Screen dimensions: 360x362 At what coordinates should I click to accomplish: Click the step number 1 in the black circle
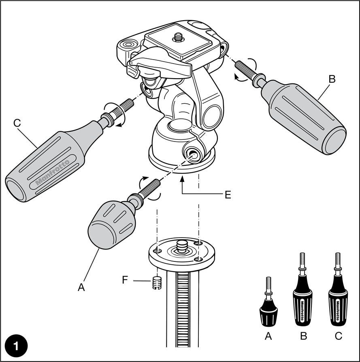[16, 346]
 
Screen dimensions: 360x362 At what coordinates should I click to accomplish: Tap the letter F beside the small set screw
[125, 280]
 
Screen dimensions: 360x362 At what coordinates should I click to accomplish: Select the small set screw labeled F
[157, 283]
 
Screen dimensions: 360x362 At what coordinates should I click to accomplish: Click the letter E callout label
[228, 195]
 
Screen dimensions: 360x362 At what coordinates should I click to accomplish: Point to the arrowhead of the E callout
[182, 178]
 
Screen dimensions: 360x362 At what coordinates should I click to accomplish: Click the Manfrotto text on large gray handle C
[53, 172]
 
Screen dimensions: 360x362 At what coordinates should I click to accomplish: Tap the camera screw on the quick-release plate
[178, 37]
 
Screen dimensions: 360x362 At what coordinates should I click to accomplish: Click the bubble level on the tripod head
[128, 44]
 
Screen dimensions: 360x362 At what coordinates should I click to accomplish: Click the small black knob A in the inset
[268, 302]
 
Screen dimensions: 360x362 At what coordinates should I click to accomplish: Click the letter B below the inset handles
[304, 336]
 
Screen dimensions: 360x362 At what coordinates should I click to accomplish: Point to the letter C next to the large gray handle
[17, 123]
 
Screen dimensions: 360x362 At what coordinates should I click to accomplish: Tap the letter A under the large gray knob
[81, 287]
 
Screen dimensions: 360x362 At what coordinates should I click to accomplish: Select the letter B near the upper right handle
[332, 79]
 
